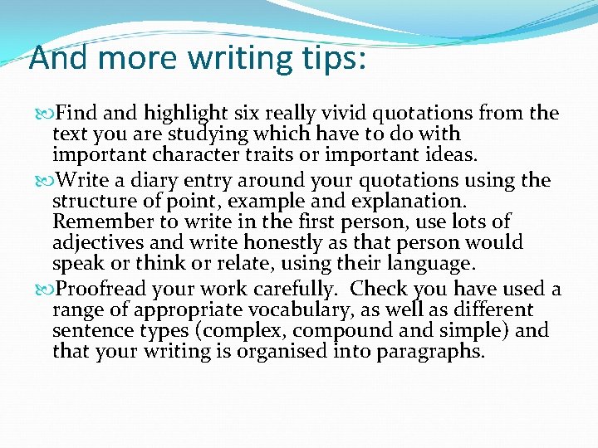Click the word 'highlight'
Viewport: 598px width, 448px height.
(188, 113)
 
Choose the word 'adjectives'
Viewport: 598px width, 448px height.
(92, 243)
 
